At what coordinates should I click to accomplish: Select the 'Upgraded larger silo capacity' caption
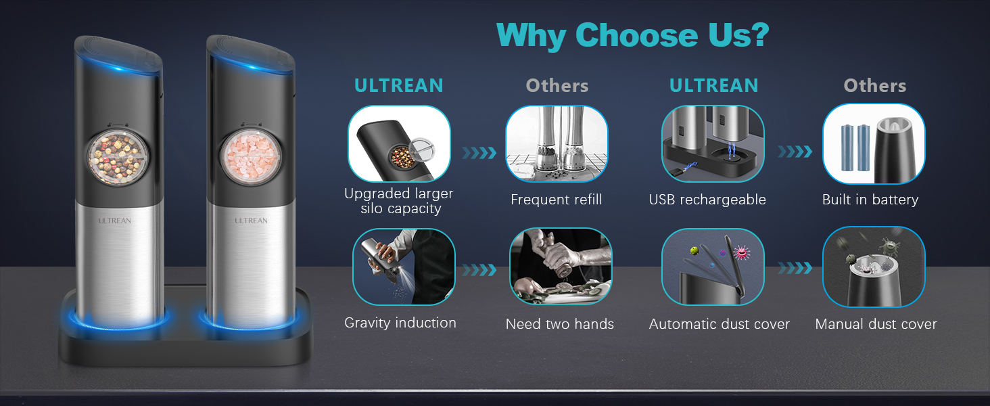pyautogui.click(x=398, y=201)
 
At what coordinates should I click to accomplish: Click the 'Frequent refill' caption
pyautogui.click(x=556, y=200)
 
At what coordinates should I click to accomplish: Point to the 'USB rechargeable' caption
pyautogui.click(x=707, y=200)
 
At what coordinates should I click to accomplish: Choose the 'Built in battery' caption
pyautogui.click(x=870, y=200)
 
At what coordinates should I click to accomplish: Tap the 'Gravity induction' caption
pyautogui.click(x=400, y=323)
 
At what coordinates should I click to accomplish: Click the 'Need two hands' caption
pyautogui.click(x=559, y=324)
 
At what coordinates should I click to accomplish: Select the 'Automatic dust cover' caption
pyautogui.click(x=719, y=324)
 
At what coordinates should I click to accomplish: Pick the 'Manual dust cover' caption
pyautogui.click(x=876, y=324)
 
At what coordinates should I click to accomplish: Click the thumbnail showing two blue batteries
pyautogui.click(x=873, y=144)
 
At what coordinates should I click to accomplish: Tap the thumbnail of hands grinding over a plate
pyautogui.click(x=560, y=266)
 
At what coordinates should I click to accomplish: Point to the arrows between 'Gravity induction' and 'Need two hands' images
pyautogui.click(x=479, y=270)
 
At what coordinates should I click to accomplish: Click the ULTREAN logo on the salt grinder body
pyautogui.click(x=251, y=221)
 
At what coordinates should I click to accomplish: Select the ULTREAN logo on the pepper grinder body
pyautogui.click(x=114, y=221)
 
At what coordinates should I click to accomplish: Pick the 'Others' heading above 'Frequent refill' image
pyautogui.click(x=557, y=86)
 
